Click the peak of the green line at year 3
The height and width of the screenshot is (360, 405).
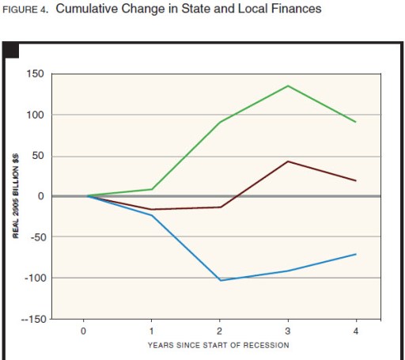click(288, 85)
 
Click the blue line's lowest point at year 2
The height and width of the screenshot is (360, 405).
click(220, 280)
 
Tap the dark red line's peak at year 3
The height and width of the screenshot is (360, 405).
click(288, 161)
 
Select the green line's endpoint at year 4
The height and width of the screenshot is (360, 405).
click(356, 122)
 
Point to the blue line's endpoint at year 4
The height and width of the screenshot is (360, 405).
click(356, 254)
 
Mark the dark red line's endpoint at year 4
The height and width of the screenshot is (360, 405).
click(356, 181)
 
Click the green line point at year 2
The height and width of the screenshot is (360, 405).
click(220, 122)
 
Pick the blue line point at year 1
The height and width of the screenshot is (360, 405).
click(152, 215)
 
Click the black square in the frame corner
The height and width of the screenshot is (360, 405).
click(12, 51)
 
